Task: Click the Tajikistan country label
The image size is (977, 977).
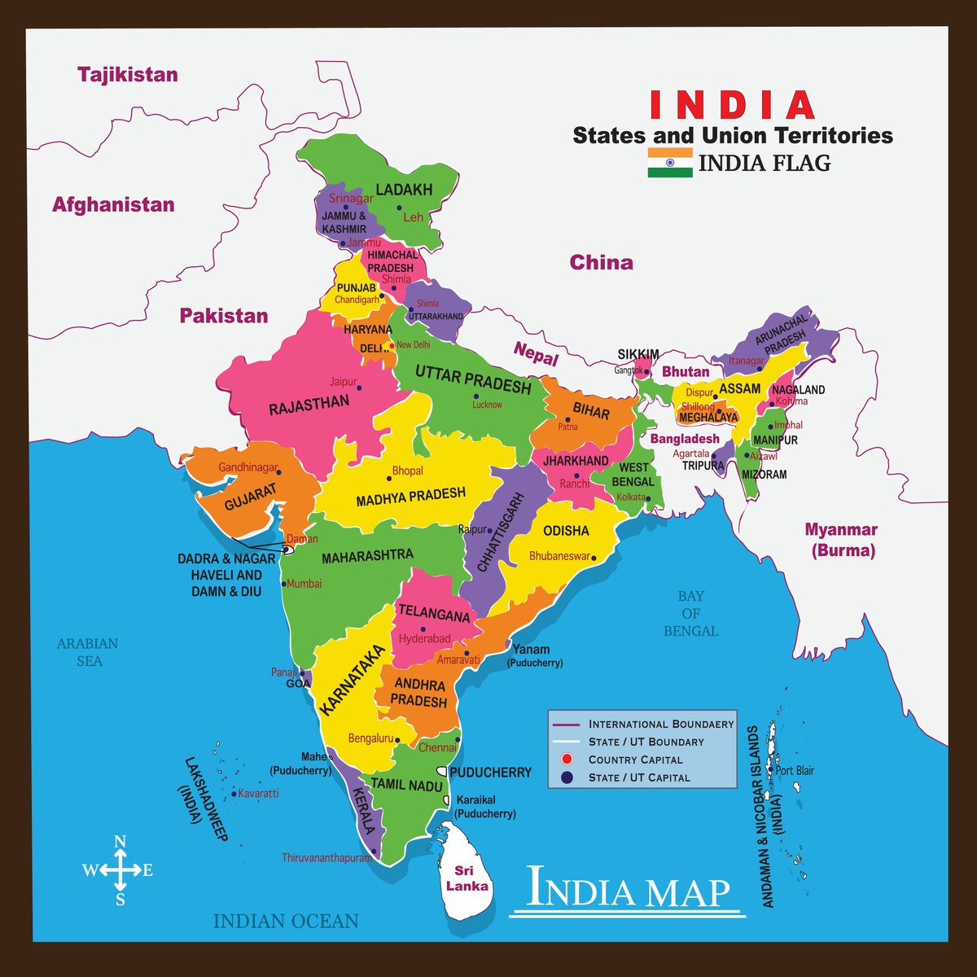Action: coord(128,75)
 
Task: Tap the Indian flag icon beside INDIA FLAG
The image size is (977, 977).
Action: coord(670,163)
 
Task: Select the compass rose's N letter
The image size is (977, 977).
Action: coord(120,842)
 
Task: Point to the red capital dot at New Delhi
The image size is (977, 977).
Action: coord(392,345)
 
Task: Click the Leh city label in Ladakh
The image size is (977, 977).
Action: coord(414,217)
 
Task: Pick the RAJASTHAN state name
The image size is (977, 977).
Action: coord(309,404)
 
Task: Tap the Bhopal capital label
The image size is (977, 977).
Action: coord(407,471)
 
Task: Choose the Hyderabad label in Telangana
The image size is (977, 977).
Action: coord(424,639)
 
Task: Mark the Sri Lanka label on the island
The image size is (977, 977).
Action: coord(471,878)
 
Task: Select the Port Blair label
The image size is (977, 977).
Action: coord(795,770)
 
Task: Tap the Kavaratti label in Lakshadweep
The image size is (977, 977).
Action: coord(259,793)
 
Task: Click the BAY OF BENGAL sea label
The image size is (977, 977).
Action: coord(690,613)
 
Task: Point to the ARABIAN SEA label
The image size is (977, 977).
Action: coord(87,652)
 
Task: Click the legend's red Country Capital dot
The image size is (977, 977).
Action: coord(569,760)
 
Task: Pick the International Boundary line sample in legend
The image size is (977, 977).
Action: coord(564,724)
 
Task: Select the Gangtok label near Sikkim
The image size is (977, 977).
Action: coord(628,370)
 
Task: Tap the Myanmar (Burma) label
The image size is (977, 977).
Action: coord(841,540)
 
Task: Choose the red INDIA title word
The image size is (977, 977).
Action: coord(732,106)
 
